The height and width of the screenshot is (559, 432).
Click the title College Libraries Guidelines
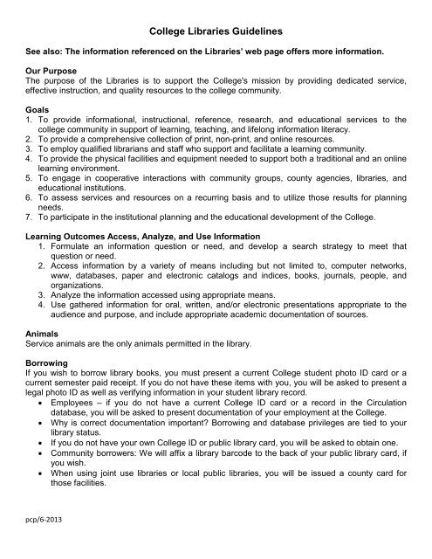(216, 30)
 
